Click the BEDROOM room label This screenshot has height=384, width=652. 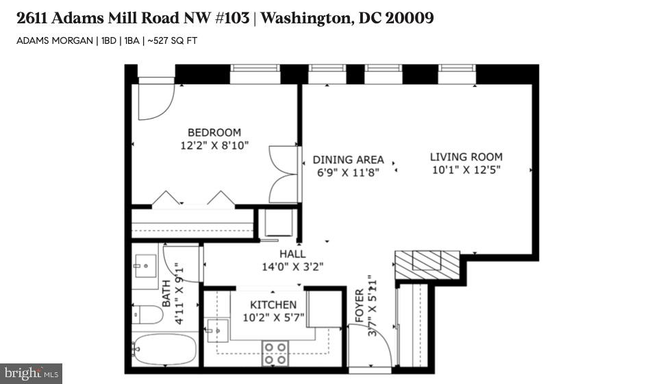point(214,132)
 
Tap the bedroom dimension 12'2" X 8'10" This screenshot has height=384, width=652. point(214,145)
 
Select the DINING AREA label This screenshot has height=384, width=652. point(348,160)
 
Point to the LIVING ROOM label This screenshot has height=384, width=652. point(466,156)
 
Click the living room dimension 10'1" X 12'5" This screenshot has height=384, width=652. point(466,169)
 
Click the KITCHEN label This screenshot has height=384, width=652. point(273,304)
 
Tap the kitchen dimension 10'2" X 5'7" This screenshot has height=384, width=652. point(273,317)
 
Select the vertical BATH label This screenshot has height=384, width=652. point(166,293)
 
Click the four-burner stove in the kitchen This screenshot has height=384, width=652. point(275,353)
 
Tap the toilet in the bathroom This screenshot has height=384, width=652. point(147,315)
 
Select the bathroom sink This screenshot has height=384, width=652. point(146,265)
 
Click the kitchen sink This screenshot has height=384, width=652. point(218,331)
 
